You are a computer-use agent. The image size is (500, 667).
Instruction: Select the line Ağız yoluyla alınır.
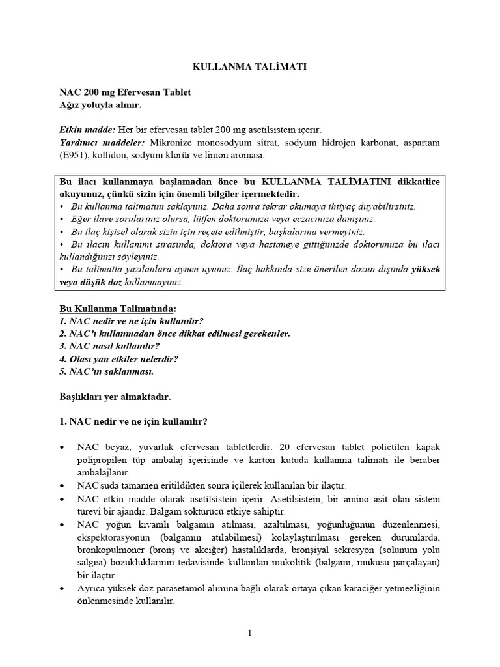tap(99, 105)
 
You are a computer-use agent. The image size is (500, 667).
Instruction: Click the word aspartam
tap(417, 143)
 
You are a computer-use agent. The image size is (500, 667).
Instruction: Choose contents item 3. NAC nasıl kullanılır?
tap(109, 346)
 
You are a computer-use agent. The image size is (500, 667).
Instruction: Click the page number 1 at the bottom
tap(249, 636)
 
